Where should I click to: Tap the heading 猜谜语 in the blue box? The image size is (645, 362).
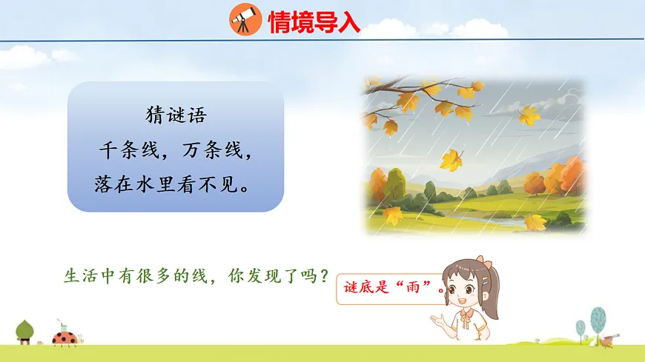pos(175,116)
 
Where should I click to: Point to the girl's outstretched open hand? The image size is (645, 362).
pos(439,321)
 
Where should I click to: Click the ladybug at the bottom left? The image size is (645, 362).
pos(65,338)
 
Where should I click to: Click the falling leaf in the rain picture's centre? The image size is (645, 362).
pos(450,160)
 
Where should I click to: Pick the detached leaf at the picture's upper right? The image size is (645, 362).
pos(529,115)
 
